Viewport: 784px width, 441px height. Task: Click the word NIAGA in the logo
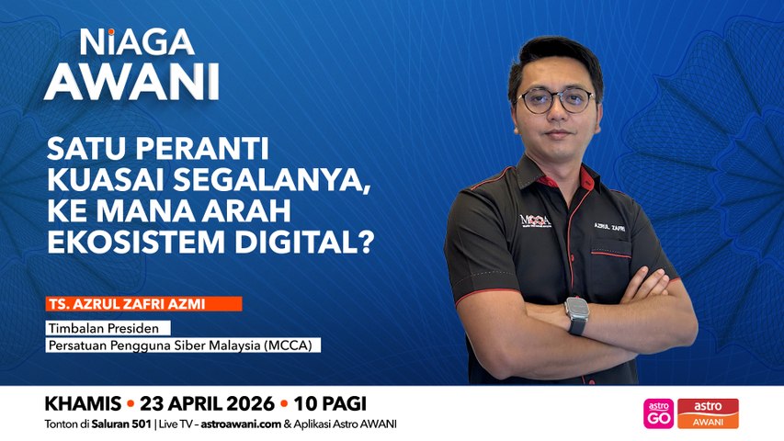pyautogui.click(x=136, y=41)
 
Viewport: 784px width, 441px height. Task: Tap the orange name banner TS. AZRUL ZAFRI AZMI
pyautogui.click(x=142, y=303)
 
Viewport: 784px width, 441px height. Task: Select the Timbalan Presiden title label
pyautogui.click(x=108, y=328)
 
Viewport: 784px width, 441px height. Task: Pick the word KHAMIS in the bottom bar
pyautogui.click(x=83, y=404)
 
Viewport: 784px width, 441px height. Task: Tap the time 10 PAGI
pyautogui.click(x=330, y=404)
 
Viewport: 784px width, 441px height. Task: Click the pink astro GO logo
pyautogui.click(x=658, y=413)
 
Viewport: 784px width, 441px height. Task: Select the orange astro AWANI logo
pyautogui.click(x=708, y=413)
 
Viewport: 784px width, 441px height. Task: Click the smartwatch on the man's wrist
pyautogui.click(x=577, y=315)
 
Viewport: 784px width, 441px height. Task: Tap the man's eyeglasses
pyautogui.click(x=556, y=100)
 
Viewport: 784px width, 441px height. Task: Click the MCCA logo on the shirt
pyautogui.click(x=535, y=221)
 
